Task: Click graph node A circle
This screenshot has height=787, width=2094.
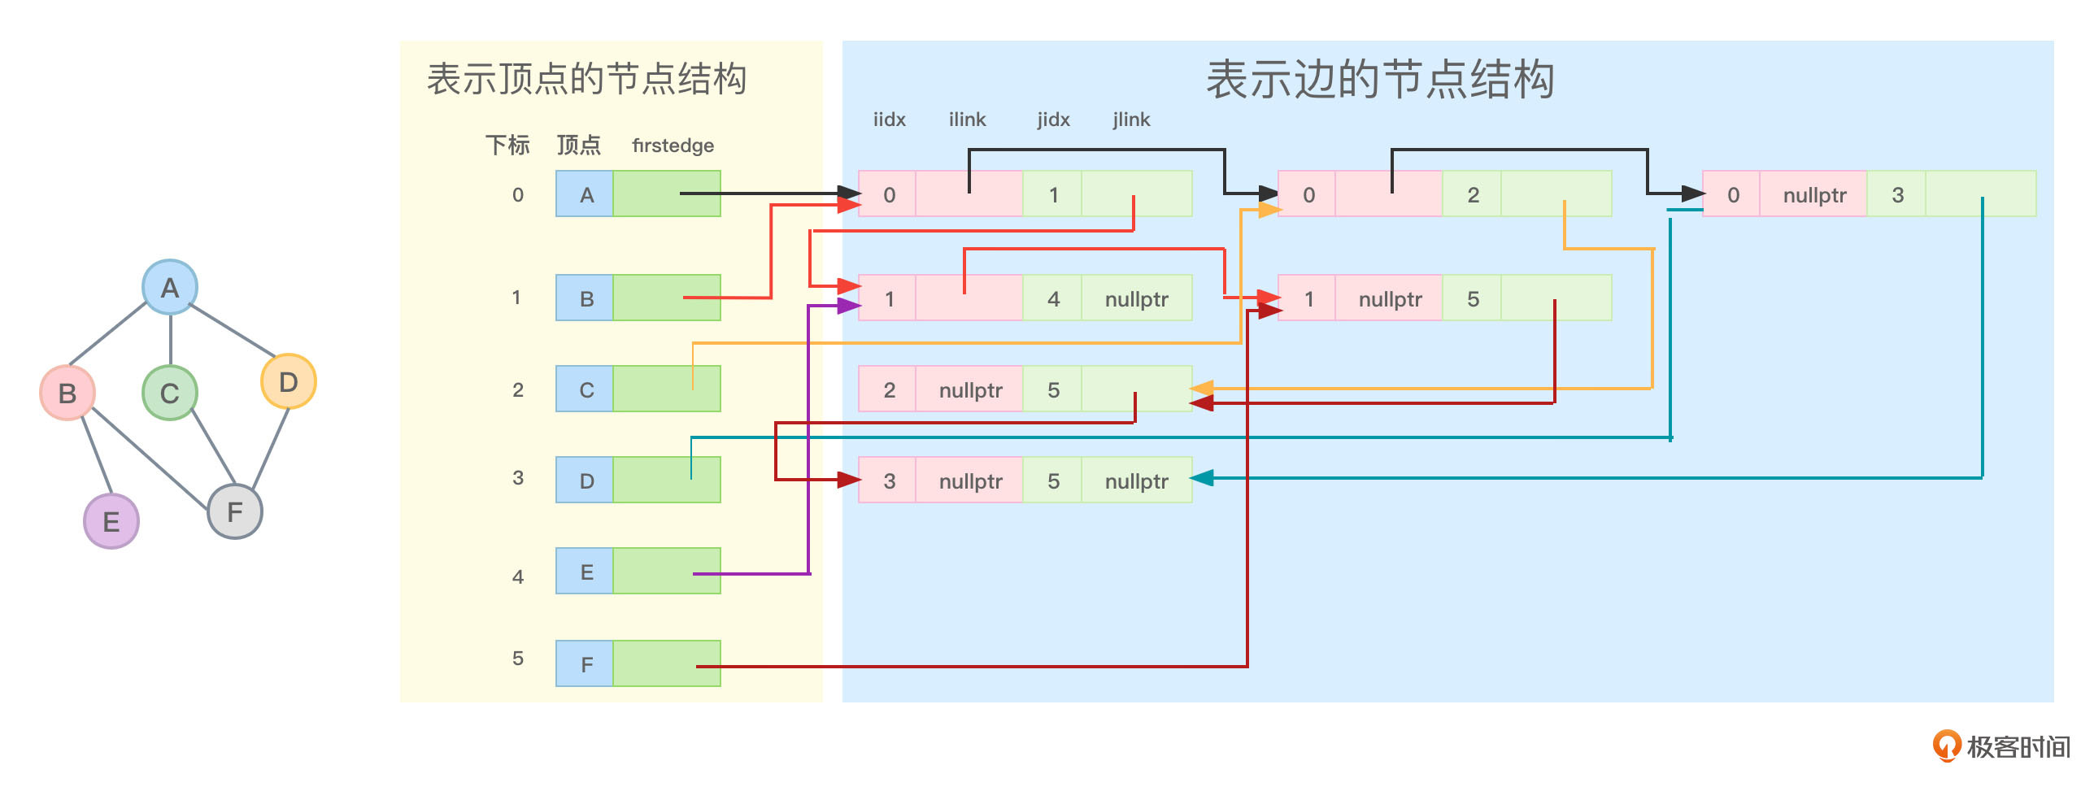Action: point(169,287)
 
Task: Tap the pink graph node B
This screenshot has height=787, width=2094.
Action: point(67,393)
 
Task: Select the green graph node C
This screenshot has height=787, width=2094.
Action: point(169,393)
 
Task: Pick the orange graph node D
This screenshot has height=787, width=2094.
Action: point(288,381)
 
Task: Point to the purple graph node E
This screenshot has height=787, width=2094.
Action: point(111,521)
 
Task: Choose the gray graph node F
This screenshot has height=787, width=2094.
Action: point(235,511)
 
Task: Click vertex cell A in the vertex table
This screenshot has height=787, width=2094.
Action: point(586,194)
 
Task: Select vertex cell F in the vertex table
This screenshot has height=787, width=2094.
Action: point(586,664)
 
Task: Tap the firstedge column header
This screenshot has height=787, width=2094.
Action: point(673,146)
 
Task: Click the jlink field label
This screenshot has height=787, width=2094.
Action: point(1131,120)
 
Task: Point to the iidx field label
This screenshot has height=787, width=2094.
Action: point(889,120)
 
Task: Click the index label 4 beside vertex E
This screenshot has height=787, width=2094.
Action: point(518,576)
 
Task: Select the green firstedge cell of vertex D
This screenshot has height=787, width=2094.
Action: point(666,480)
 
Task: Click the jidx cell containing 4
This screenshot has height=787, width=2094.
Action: point(1053,298)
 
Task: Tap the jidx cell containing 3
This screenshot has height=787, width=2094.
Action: point(1897,194)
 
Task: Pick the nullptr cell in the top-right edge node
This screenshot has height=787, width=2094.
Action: point(1814,194)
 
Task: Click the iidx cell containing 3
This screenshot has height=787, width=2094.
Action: point(889,480)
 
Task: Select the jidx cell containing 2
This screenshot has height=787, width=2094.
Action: point(1473,194)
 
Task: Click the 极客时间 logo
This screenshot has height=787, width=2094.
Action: point(2001,746)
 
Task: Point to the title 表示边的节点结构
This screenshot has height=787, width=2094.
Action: point(1379,80)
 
